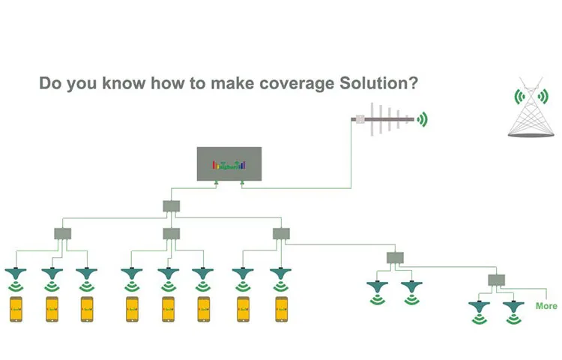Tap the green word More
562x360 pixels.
546,306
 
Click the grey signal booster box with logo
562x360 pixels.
229,163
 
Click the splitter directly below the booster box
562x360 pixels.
171,205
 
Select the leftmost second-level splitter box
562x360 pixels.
62,234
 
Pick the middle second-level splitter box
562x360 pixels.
171,234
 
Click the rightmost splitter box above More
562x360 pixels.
495,280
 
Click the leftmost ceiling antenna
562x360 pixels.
16,271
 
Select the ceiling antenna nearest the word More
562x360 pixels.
513,305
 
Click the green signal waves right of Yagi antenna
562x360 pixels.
423,118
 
